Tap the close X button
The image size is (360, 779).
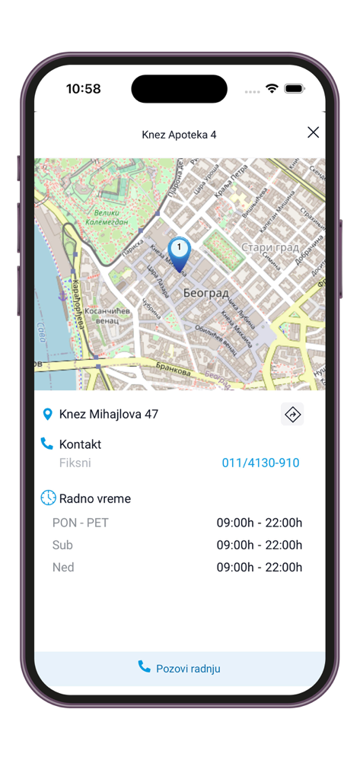313,132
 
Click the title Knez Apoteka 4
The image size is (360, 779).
179,135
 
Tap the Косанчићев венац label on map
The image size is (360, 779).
109,316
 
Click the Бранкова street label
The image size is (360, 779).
174,370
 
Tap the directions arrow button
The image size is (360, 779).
292,414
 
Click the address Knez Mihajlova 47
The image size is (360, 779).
109,415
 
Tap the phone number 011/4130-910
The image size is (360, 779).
260,463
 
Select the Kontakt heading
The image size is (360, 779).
80,444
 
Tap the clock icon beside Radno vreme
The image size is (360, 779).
48,498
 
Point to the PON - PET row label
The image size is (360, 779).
80,523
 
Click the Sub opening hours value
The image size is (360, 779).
259,545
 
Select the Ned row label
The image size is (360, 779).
63,567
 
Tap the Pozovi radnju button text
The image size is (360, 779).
188,669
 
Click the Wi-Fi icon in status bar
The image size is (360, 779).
272,89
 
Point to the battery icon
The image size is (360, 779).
295,89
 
